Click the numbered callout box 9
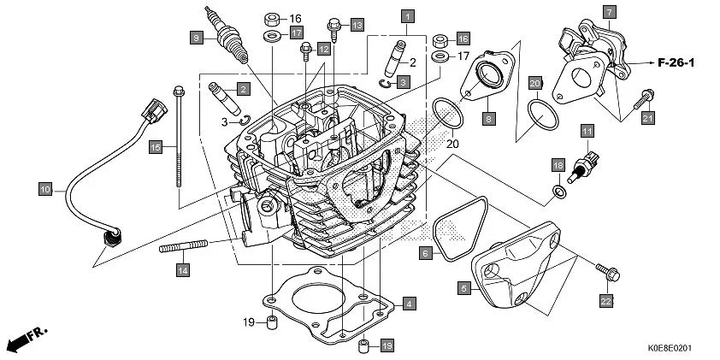[197, 38]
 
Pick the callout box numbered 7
[609, 12]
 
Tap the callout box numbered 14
[183, 270]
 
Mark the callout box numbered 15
[155, 148]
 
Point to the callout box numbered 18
[558, 164]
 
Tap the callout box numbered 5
[463, 289]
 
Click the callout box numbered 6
[425, 252]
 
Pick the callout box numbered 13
[357, 25]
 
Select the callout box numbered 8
[487, 119]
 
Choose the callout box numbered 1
[409, 16]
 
